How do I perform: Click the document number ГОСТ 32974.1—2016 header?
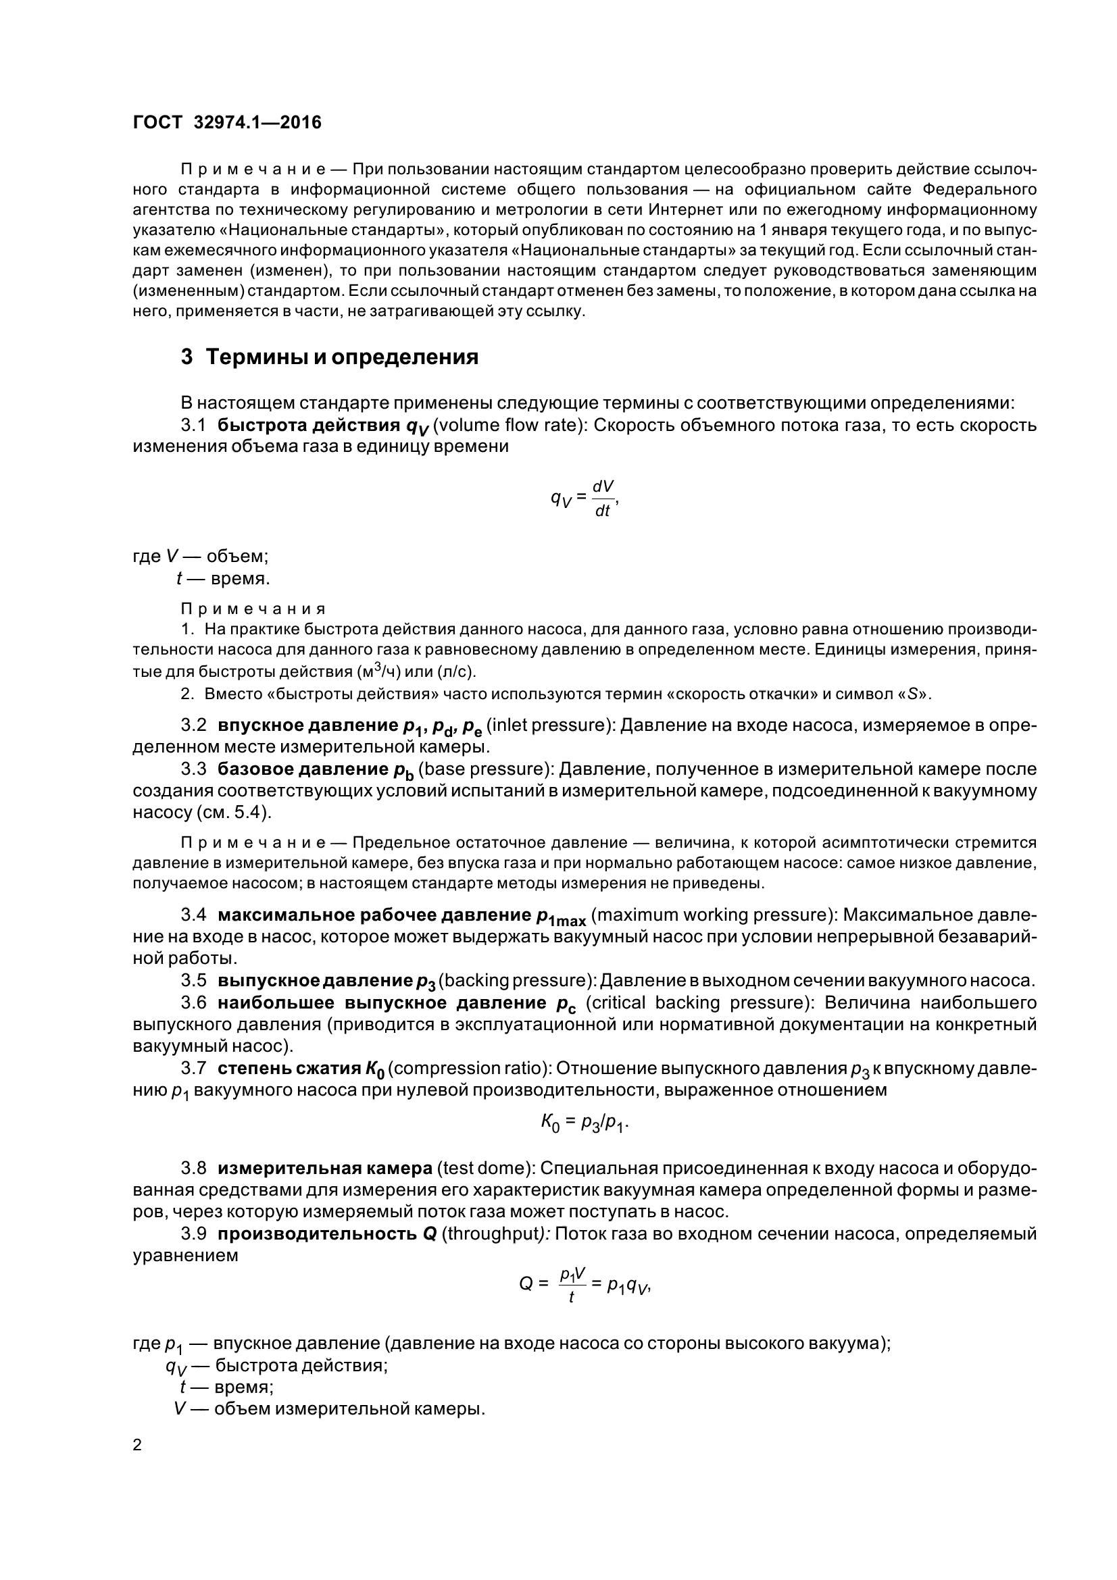(x=227, y=122)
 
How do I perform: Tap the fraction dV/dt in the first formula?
(x=603, y=499)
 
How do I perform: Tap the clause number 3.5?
(x=193, y=981)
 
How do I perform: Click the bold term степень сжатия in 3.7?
(x=289, y=1069)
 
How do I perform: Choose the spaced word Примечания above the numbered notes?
(x=253, y=609)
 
